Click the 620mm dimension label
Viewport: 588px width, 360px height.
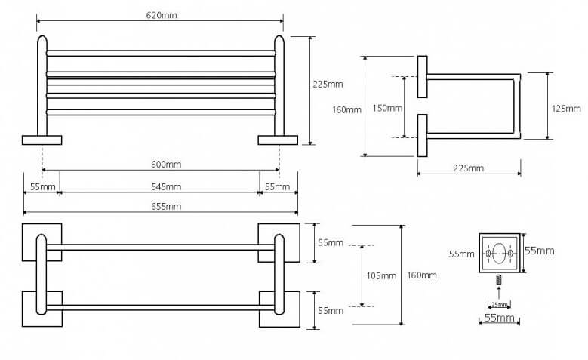162,15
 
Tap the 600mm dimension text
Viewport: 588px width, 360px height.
166,165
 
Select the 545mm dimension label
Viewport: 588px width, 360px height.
166,186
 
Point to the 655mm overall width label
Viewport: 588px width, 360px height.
166,206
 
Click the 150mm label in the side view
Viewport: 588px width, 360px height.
387,108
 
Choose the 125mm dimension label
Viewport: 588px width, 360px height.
566,109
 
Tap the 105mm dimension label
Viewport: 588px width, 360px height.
381,276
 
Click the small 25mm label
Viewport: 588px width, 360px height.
500,304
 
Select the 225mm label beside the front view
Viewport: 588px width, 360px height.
328,84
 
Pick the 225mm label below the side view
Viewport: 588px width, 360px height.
469,168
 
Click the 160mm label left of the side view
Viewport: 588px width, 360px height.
347,110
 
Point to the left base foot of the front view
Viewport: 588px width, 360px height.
42,140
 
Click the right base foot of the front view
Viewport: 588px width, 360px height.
278,140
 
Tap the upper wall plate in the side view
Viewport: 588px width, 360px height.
422,77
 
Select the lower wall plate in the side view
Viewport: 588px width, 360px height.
422,135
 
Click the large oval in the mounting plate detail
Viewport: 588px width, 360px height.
499,254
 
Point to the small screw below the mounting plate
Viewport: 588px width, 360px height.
499,280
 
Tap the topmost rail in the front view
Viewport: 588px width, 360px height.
162,54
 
